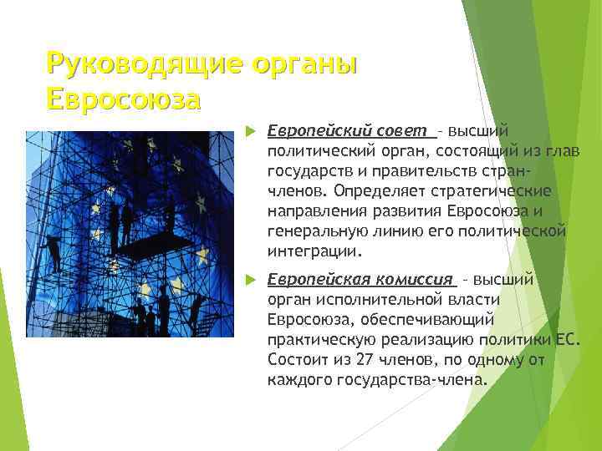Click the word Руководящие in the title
point(134,63)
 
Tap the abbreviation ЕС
point(565,340)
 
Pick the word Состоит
point(297,360)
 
